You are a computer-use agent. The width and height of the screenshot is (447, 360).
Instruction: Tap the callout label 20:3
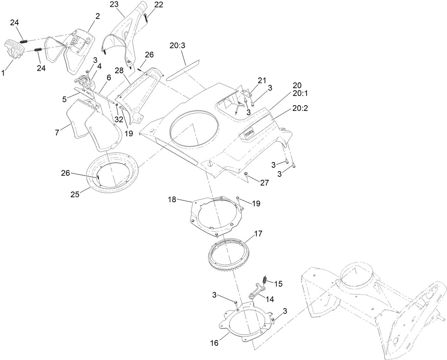pos(177,46)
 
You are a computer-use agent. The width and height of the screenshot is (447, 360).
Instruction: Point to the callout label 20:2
pos(300,108)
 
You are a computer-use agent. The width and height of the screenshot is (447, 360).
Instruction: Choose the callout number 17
pos(258,234)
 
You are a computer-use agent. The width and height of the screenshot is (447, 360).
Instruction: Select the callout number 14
pos(270,299)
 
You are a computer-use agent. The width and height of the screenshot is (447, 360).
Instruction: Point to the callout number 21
pos(262,80)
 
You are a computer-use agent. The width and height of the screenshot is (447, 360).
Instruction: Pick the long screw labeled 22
pos(146,18)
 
